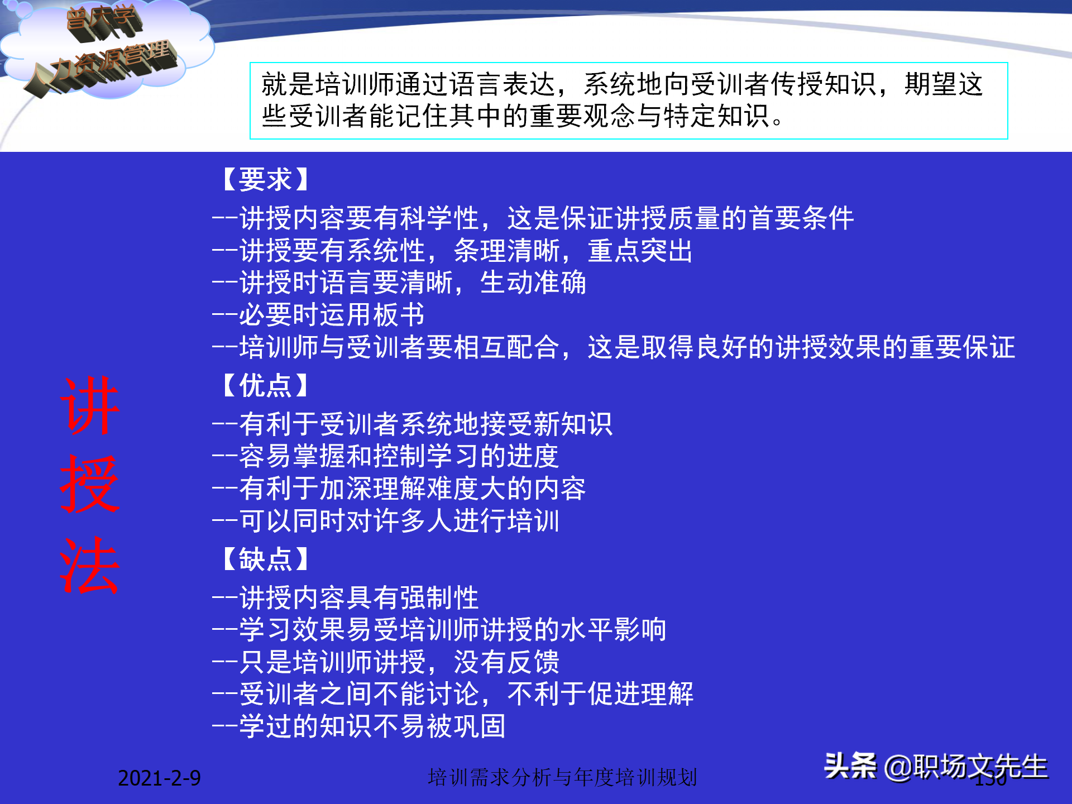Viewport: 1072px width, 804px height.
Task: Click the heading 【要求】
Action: pos(266,180)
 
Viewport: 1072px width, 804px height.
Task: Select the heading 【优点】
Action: pos(266,386)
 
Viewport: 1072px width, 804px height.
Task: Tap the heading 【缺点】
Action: pos(266,559)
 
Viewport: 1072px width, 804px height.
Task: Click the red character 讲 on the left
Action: pos(90,406)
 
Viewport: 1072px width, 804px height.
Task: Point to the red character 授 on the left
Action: pos(90,485)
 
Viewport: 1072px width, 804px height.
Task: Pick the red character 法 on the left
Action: pos(90,566)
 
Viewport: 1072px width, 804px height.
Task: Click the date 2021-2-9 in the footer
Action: pos(159,778)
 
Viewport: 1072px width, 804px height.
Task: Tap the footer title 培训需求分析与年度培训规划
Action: pos(562,777)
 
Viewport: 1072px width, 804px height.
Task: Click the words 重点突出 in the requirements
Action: pos(640,251)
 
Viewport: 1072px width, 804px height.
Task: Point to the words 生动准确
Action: pos(533,283)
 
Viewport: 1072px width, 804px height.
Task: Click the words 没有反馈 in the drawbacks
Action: pos(506,662)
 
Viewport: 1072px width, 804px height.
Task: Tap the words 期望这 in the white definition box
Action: pos(944,85)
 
